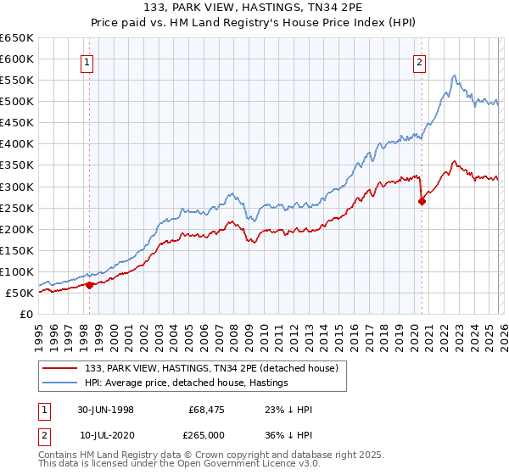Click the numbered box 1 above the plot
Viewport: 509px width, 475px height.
pos(88,61)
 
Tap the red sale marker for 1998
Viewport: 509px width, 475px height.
pos(90,285)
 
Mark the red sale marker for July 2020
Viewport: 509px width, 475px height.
pos(422,201)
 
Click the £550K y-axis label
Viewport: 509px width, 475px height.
pos(18,81)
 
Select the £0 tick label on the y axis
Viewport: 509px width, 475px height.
pos(26,315)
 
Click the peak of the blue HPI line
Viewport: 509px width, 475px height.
pos(455,75)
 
